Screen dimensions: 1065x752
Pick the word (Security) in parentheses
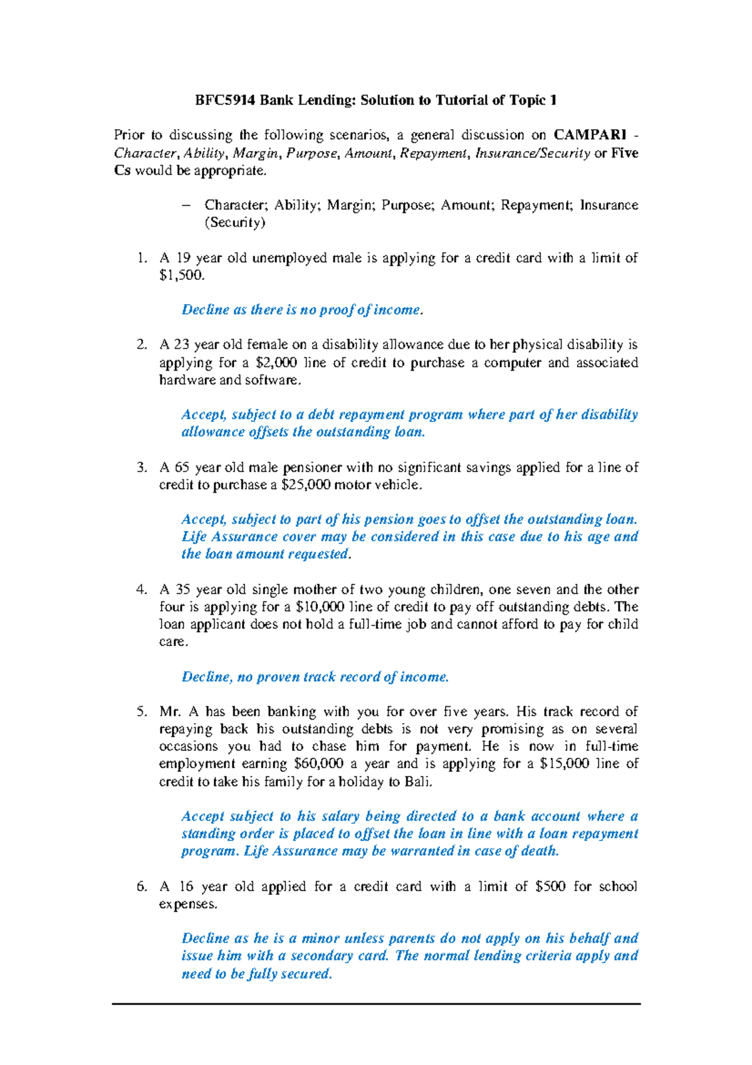point(234,223)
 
